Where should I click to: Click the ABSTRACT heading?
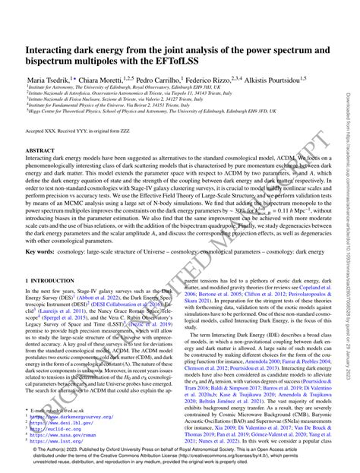[40, 150]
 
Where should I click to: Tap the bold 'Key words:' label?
[39, 250]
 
